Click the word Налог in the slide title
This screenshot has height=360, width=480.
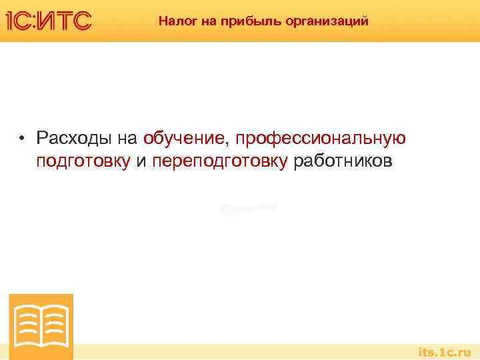pos(175,21)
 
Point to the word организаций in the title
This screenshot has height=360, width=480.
pos(327,21)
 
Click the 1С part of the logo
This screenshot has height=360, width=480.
pos(23,21)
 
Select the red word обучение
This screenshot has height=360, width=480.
pos(183,139)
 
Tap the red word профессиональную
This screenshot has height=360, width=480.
pos(319,139)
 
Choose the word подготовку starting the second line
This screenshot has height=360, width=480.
pos(84,162)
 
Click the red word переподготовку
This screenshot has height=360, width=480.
pos(220,162)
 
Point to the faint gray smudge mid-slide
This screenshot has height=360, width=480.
pos(248,208)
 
